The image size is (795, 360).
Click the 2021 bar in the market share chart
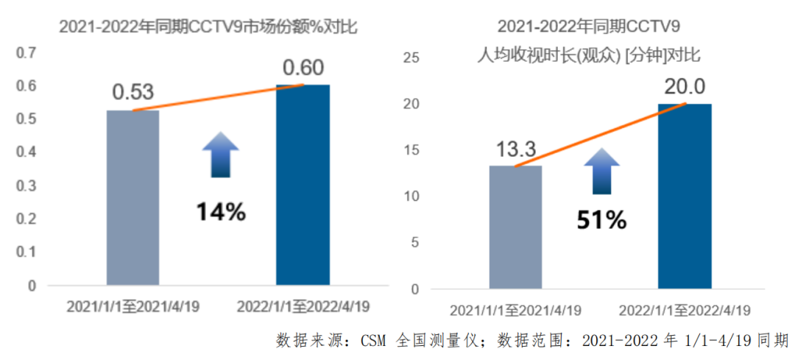point(132,197)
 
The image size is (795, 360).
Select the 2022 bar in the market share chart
point(303,185)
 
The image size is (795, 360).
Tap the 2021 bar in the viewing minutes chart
point(515,227)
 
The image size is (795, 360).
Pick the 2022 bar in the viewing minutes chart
point(685,196)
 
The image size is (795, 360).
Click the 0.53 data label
point(132,92)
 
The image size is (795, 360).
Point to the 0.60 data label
point(303,68)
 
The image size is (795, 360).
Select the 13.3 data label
point(515,150)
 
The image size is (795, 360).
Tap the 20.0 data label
point(685,87)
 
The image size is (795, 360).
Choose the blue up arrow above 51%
point(601,171)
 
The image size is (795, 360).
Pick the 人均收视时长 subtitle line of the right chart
point(589,54)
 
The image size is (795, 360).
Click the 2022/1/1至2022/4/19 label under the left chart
point(303,306)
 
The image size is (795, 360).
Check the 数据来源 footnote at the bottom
point(532,340)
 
